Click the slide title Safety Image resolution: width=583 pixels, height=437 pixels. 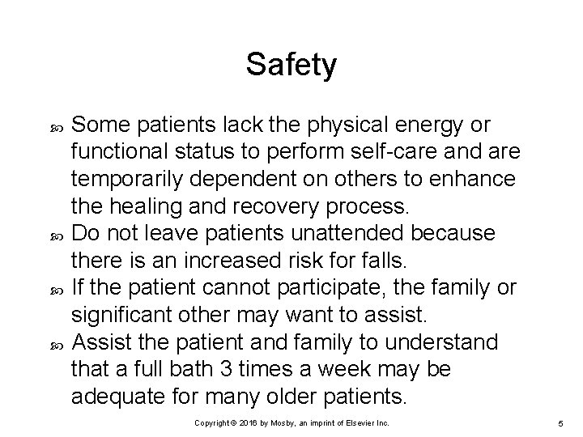tap(291, 65)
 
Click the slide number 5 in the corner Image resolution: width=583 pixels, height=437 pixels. tap(560, 423)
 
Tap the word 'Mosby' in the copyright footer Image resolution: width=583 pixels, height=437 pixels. tap(289, 423)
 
